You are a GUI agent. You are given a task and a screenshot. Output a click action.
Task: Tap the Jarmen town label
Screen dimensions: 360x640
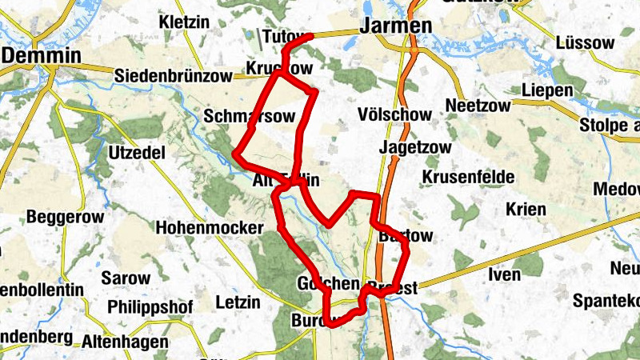[396, 26]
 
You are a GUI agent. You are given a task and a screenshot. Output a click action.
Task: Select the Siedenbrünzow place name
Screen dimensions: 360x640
[173, 76]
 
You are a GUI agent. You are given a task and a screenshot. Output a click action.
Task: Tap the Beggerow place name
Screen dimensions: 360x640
[61, 217]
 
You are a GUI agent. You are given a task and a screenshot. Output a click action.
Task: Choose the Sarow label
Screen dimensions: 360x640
[126, 279]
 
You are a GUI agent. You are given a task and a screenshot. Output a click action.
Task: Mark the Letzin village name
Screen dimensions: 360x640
[238, 302]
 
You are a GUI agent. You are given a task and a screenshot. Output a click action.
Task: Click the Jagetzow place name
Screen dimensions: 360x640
[415, 148]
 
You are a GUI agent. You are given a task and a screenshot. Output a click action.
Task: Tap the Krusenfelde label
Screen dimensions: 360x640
[463, 175]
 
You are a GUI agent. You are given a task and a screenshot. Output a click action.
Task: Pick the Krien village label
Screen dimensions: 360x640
[525, 210]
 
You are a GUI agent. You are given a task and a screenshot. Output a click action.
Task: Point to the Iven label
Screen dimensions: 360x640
[504, 275]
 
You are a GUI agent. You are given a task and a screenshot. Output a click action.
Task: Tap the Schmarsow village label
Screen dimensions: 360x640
[238, 116]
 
